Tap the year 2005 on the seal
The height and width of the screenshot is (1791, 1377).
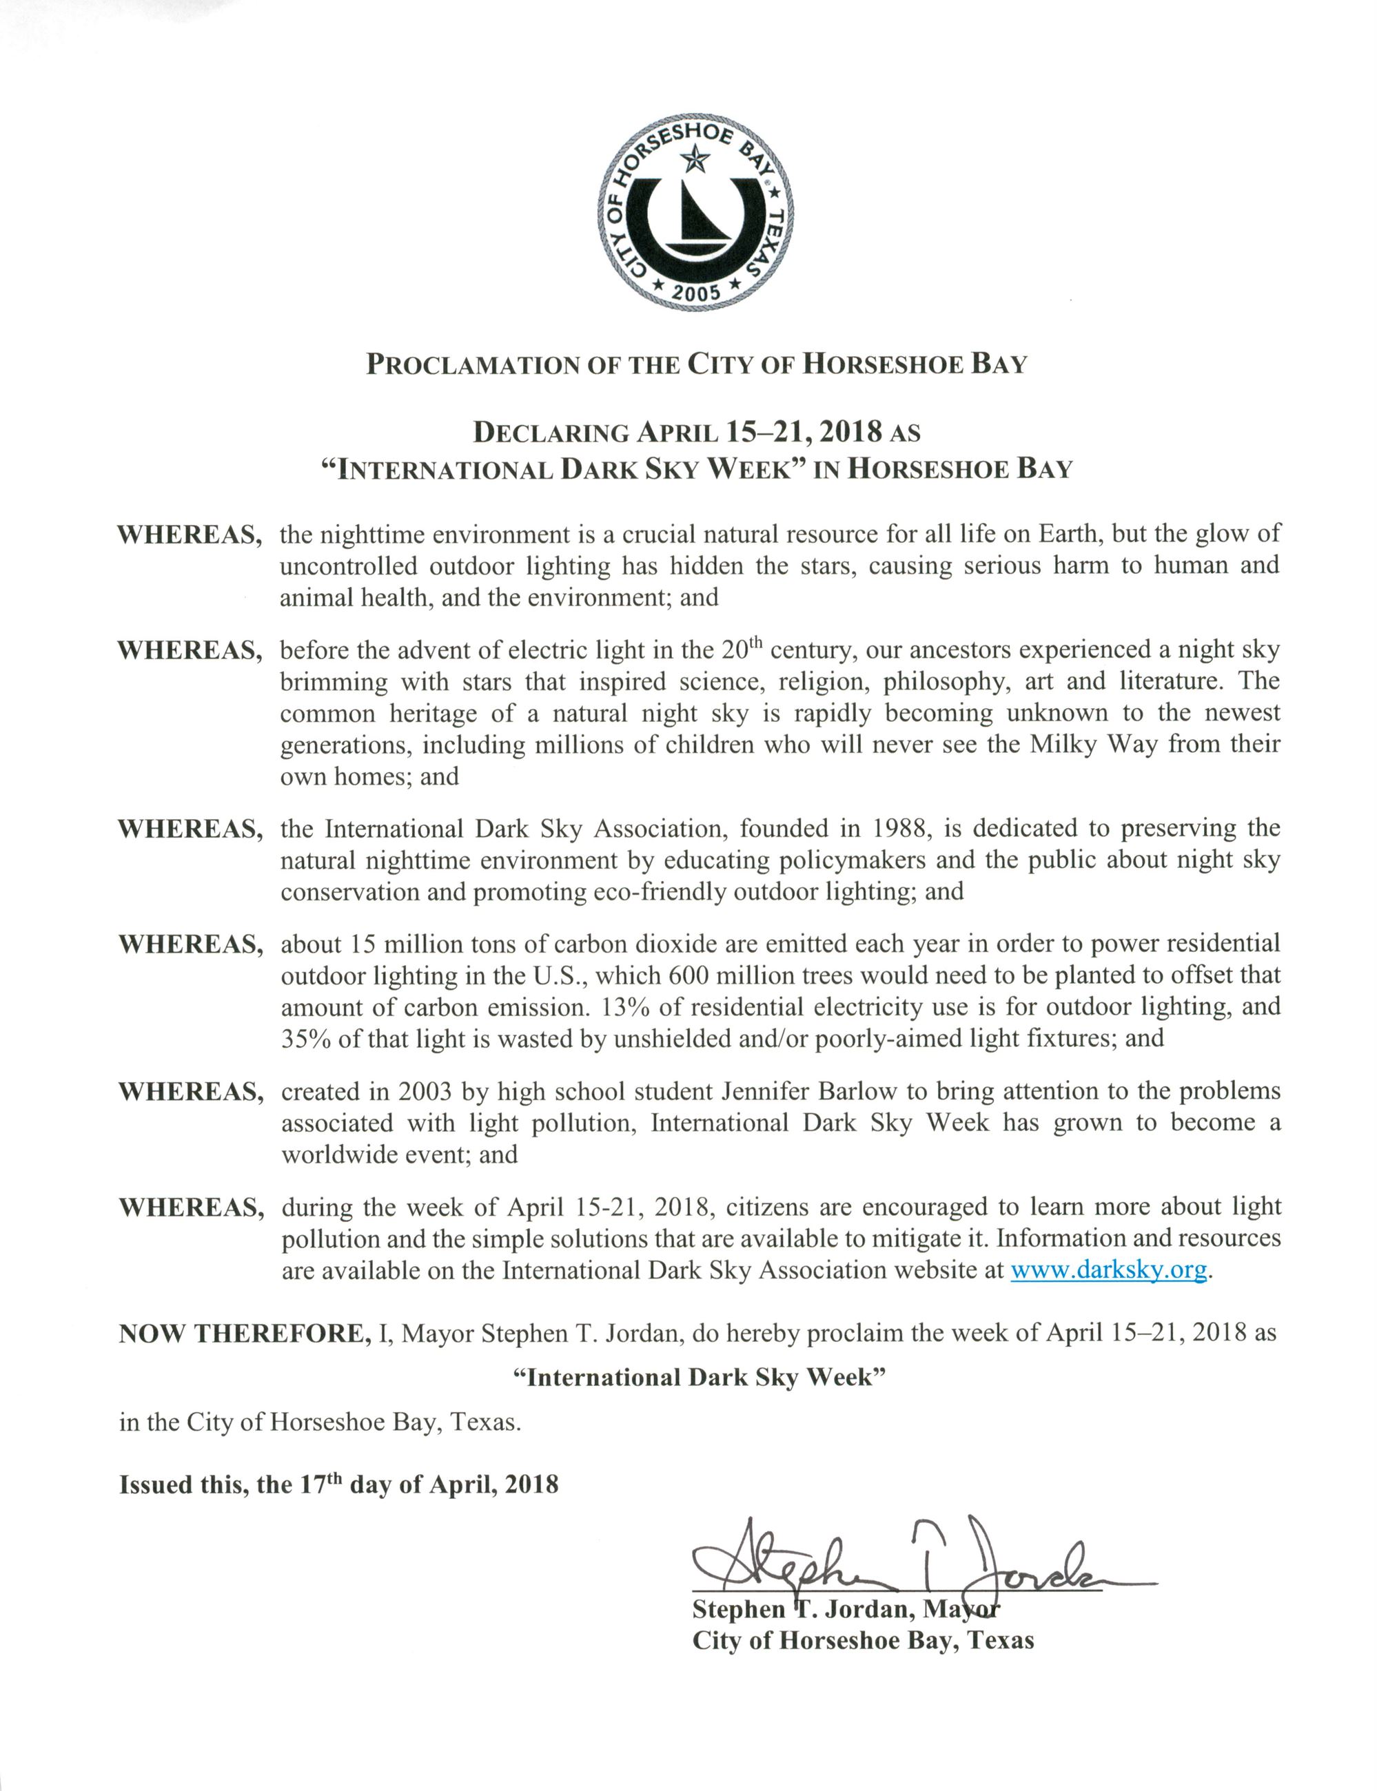point(696,291)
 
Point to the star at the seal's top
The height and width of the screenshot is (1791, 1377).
point(696,159)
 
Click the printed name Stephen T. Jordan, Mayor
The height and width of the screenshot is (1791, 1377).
point(846,1609)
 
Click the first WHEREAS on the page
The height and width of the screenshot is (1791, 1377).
point(190,535)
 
